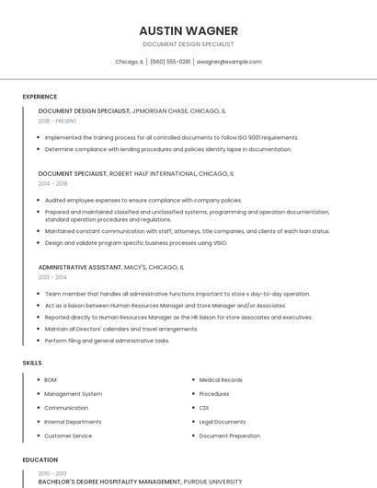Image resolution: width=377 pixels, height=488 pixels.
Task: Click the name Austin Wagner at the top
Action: click(188, 30)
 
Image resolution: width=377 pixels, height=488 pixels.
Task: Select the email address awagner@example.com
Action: click(229, 62)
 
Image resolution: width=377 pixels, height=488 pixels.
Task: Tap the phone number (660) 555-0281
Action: click(170, 62)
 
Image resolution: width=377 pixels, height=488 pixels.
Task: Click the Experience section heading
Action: click(40, 97)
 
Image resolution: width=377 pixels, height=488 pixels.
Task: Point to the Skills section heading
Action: click(32, 363)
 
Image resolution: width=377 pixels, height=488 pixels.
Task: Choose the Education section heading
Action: click(40, 459)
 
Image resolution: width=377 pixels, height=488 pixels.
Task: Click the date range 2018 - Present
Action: click(58, 121)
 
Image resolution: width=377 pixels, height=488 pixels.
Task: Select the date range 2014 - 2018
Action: click(53, 183)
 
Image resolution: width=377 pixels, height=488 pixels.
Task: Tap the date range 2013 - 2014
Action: click(52, 277)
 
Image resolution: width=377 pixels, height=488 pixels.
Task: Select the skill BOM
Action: click(51, 380)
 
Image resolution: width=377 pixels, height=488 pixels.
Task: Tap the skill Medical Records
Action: click(221, 380)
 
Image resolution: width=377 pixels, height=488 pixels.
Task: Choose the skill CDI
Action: click(204, 408)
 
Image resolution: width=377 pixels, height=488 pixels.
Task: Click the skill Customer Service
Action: click(68, 436)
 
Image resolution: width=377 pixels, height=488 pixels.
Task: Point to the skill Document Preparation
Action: click(229, 436)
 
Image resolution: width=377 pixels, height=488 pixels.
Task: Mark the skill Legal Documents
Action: click(223, 422)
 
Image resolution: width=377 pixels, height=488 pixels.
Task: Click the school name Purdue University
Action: click(212, 482)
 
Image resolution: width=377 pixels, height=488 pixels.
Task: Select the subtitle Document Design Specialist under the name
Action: click(188, 44)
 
